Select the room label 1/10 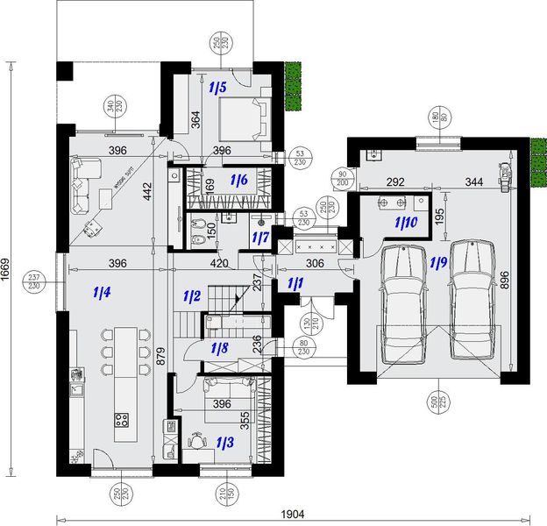[x=406, y=223]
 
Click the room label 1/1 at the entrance [x=295, y=282]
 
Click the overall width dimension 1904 [x=293, y=513]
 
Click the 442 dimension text [x=148, y=192]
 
